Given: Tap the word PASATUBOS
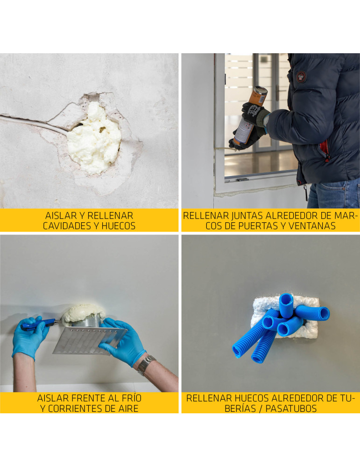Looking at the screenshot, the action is [291, 408].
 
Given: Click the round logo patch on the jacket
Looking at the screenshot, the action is [301, 77].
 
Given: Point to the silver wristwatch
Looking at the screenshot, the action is [146, 365].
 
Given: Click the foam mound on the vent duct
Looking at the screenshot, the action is [84, 313].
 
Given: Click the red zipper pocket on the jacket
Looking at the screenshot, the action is [325, 149].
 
